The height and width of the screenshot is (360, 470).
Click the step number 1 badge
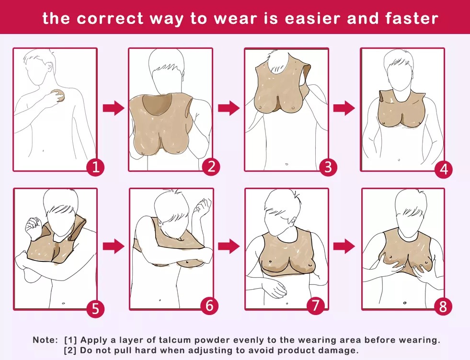coord(96,167)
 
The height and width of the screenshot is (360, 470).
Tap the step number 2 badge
coord(211,167)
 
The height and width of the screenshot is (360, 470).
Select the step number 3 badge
coord(328,167)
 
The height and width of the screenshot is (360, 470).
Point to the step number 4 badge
coord(444,169)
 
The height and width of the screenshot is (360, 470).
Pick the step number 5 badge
coord(95,308)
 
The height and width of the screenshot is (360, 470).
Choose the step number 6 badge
coord(209,305)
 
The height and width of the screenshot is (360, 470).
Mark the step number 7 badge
coord(316,305)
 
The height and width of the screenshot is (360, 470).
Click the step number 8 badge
coord(443,307)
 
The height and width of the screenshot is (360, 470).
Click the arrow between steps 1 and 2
coord(113,108)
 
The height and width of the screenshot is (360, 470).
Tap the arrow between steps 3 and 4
coord(344,108)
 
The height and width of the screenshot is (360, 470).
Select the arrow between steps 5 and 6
coord(113,246)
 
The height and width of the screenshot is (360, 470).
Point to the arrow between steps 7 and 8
coord(344,246)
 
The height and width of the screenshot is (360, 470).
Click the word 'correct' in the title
coord(110,19)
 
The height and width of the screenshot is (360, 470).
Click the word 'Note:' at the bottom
coord(45,340)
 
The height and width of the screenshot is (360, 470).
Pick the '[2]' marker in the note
coord(70,350)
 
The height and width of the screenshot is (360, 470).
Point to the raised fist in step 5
coord(33,227)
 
